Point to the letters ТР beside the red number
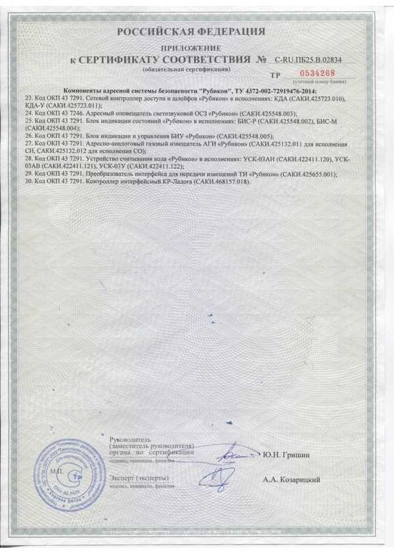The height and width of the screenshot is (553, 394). pos(283,75)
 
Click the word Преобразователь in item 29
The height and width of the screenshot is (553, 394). pos(122,173)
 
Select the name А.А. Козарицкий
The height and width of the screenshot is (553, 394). pos(292,480)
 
